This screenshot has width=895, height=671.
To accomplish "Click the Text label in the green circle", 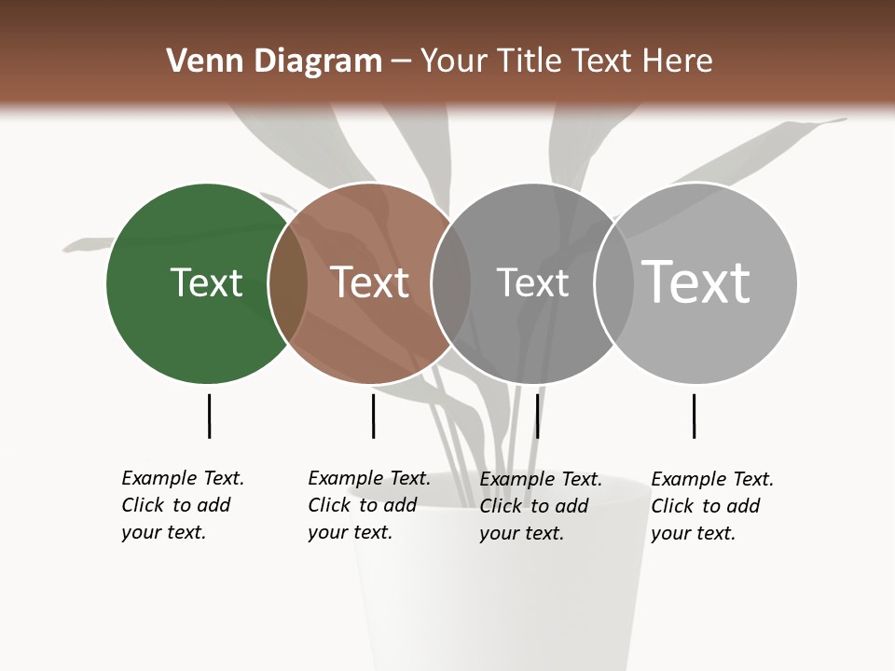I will coord(206,282).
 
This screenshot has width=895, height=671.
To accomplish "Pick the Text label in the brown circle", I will coord(370,282).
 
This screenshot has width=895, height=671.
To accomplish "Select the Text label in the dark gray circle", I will coord(532,282).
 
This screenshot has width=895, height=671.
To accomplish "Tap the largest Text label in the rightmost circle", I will coord(696,281).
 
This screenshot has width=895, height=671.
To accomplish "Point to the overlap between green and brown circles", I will coord(288,283).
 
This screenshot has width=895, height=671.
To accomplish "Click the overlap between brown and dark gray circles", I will coord(451,283).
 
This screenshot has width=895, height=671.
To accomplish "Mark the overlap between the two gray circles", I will coord(614,283).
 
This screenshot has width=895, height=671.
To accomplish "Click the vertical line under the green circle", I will coord(209,416).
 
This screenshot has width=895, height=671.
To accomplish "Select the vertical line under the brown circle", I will coord(373,416).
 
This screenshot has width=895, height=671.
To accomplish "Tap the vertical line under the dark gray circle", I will coord(537,416).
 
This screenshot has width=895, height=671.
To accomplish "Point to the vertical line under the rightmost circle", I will coord(694,416).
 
